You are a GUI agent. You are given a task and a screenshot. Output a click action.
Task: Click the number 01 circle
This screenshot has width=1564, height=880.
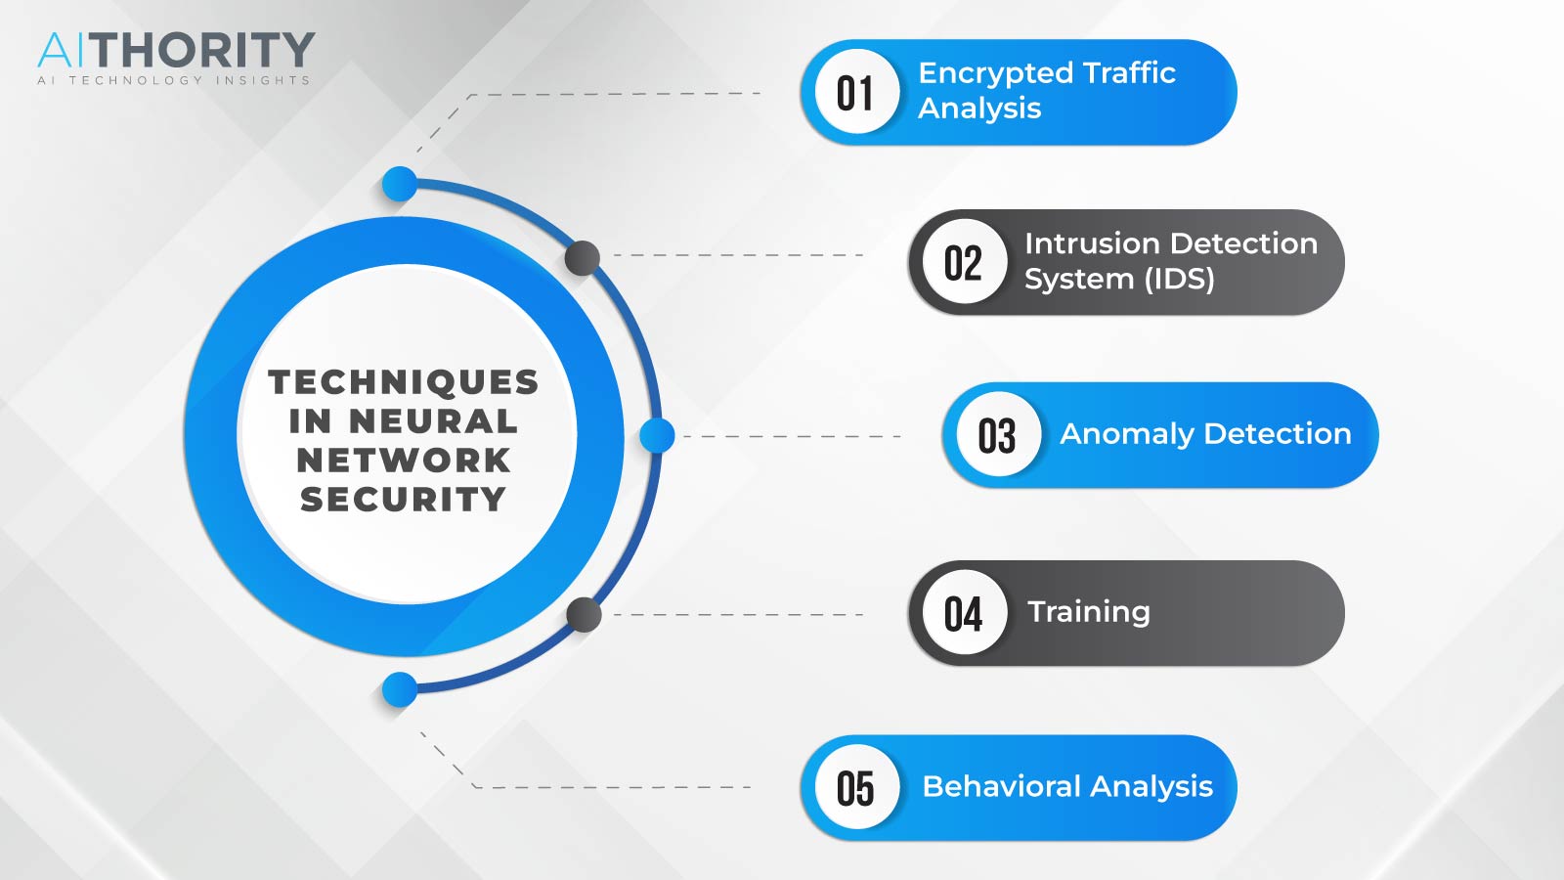[x=856, y=92]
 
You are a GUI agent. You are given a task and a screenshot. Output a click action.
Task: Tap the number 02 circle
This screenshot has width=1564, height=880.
[x=964, y=261]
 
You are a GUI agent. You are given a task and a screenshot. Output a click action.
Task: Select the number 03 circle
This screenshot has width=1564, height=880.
[x=998, y=434]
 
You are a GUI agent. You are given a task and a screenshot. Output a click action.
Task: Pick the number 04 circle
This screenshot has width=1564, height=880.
[x=964, y=612]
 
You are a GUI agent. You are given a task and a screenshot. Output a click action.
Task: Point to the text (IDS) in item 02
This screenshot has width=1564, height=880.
[x=1179, y=280]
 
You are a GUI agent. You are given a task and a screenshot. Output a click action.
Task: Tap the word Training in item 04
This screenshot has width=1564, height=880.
[x=1089, y=612]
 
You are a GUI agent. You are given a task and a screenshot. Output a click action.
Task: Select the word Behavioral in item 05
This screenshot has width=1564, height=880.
[x=1002, y=786]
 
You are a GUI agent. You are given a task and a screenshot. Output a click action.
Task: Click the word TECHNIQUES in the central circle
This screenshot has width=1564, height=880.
[x=404, y=382]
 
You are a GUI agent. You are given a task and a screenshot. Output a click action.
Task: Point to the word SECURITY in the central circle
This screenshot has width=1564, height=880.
[x=403, y=500]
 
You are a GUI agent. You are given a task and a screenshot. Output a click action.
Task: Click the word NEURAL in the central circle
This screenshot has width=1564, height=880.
[x=433, y=421]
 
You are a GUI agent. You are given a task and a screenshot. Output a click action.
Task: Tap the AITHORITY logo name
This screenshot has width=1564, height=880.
[x=176, y=50]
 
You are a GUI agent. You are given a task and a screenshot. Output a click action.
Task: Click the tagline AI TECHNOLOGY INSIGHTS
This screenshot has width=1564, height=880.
[x=174, y=80]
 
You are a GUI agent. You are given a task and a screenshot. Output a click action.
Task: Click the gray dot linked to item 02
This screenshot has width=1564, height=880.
[x=583, y=258]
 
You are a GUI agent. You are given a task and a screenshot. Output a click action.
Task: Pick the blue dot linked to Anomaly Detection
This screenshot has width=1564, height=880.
[x=657, y=436]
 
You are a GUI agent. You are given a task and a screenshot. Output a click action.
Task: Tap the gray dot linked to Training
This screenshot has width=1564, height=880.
[x=584, y=615]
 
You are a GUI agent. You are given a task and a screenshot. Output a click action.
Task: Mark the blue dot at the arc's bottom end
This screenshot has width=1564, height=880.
[x=400, y=689]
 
